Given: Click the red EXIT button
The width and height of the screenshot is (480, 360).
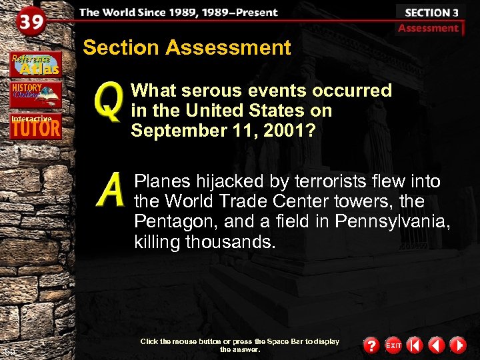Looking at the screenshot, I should pyautogui.click(x=393, y=345).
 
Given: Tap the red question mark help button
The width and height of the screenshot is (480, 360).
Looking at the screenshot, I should pyautogui.click(x=371, y=345).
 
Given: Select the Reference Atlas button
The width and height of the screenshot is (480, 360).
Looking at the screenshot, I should pyautogui.click(x=35, y=64).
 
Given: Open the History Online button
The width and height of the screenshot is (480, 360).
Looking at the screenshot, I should pyautogui.click(x=35, y=94).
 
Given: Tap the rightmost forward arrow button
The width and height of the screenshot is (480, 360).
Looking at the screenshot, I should pyautogui.click(x=457, y=345).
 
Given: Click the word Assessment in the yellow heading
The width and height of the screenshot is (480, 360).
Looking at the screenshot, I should pyautogui.click(x=228, y=48).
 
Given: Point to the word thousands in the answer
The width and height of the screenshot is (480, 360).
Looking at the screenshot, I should pyautogui.click(x=231, y=242).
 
